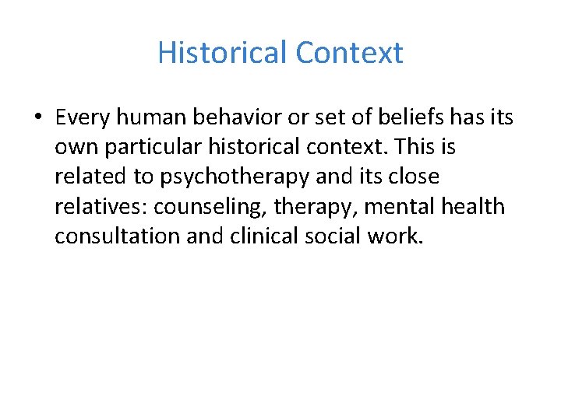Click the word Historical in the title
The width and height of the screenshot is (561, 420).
pos(222,53)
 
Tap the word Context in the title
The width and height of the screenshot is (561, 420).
pos(349,53)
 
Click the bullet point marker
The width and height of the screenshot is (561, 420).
pos(38,118)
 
